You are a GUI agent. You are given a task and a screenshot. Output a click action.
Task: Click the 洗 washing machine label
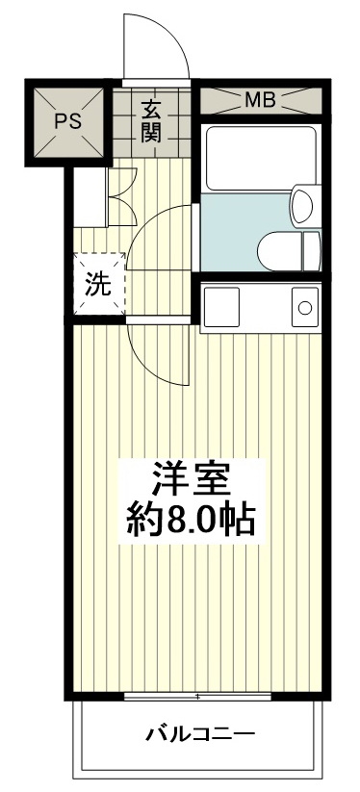point(99,284)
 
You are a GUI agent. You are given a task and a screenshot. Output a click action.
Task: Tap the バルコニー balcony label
point(200,735)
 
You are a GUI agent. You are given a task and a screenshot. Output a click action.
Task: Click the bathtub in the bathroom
point(261,157)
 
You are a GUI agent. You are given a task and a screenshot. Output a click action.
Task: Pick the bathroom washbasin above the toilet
point(303,205)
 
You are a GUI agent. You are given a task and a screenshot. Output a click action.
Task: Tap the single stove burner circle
point(304,308)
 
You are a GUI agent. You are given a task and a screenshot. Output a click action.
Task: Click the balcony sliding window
point(196,695)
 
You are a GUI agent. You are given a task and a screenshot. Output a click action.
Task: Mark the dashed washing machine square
point(99,284)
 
